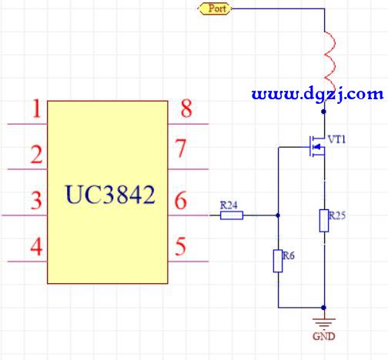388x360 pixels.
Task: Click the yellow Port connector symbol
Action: click(x=215, y=8)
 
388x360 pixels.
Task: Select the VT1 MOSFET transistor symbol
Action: click(x=317, y=147)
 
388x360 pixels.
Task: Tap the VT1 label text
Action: click(x=337, y=139)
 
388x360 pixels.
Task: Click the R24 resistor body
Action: click(x=232, y=215)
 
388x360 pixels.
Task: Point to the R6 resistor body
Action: click(x=278, y=261)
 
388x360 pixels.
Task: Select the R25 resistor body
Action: click(x=324, y=221)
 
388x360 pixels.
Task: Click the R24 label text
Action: click(x=229, y=205)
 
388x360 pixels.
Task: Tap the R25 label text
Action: click(x=337, y=215)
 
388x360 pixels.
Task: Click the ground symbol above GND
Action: click(x=324, y=323)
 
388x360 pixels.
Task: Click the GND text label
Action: click(x=324, y=336)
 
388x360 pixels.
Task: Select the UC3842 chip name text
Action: click(x=110, y=195)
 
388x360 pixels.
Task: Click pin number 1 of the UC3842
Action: click(x=37, y=108)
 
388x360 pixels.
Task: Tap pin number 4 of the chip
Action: click(x=36, y=246)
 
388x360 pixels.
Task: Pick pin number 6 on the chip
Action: click(x=181, y=200)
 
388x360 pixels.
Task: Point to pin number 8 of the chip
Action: click(x=186, y=108)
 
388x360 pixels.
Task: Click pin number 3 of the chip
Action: click(x=36, y=200)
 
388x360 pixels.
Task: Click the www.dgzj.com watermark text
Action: click(x=318, y=95)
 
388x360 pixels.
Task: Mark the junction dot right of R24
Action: click(x=278, y=215)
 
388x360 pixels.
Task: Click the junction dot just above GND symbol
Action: click(x=324, y=308)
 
